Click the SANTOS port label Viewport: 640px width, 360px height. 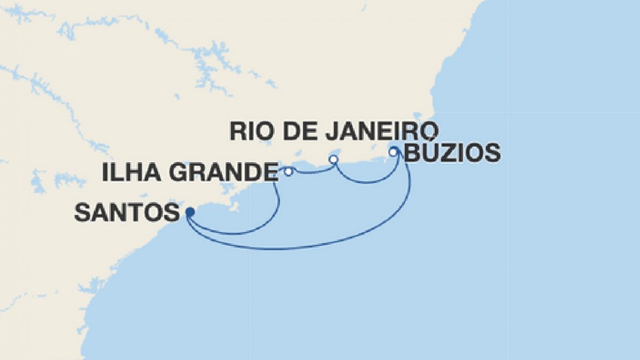(x=126, y=212)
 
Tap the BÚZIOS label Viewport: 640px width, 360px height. (x=452, y=153)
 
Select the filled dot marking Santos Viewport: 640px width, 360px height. (x=189, y=211)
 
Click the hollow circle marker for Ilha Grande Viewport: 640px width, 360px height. (x=288, y=172)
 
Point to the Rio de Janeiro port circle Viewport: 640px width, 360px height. (x=333, y=159)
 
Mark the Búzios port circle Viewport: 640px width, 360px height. (x=393, y=152)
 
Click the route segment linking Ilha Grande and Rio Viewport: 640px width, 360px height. (x=312, y=173)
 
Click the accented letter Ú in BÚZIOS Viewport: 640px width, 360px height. (x=428, y=153)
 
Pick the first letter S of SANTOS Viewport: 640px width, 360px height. (x=82, y=212)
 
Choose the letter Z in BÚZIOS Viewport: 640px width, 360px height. (x=446, y=153)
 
